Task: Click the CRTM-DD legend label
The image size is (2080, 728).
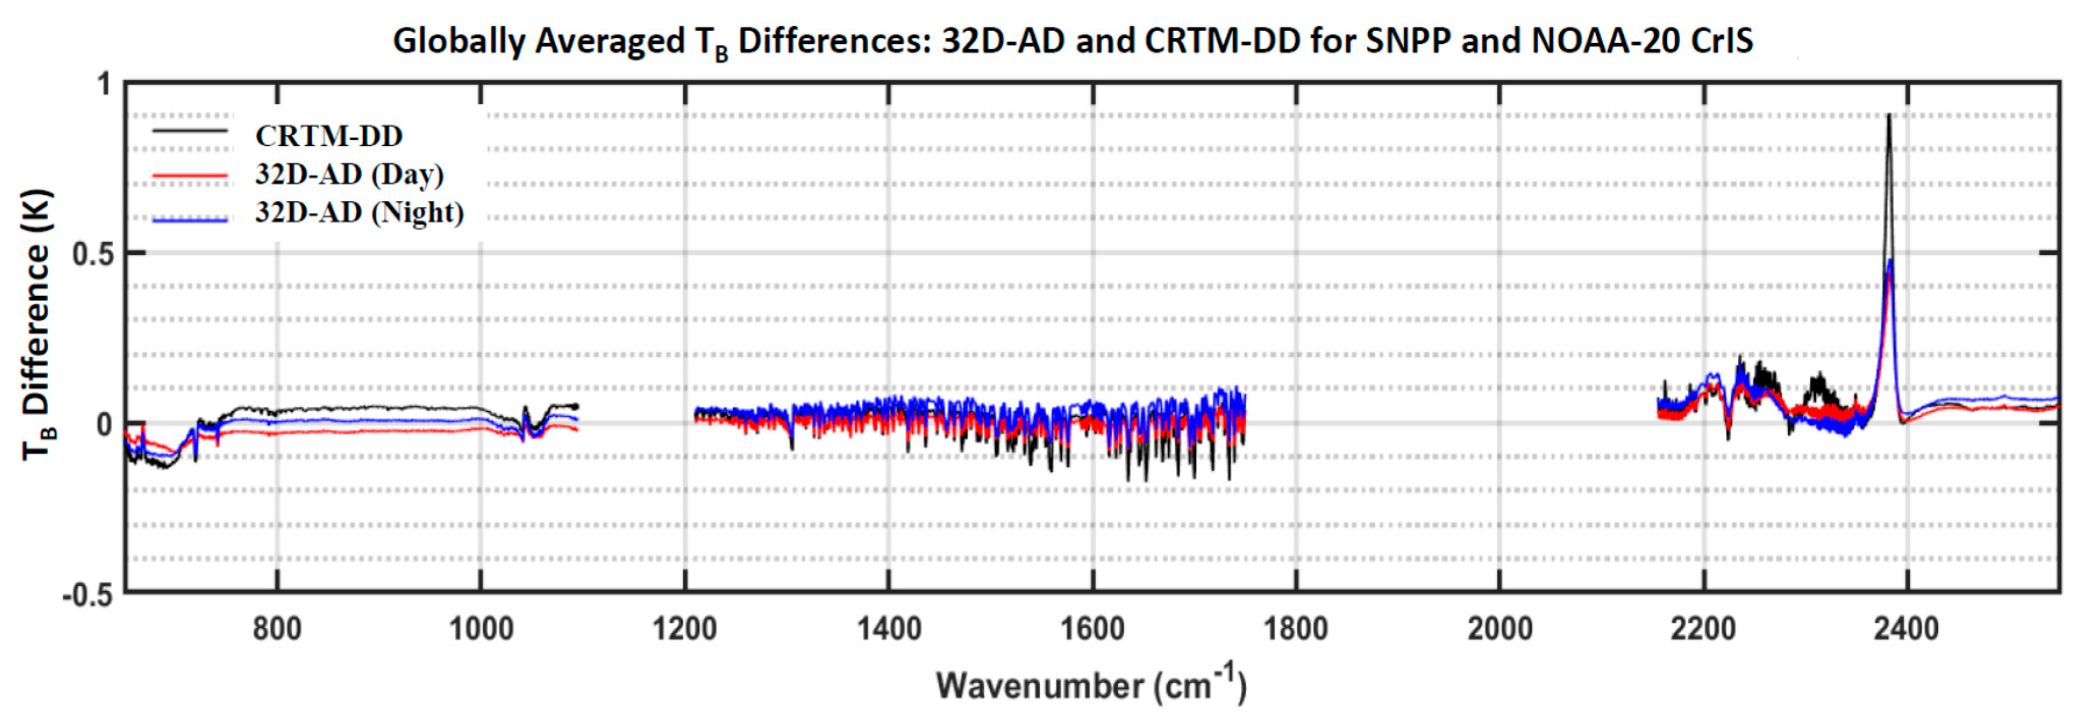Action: pyautogui.click(x=329, y=136)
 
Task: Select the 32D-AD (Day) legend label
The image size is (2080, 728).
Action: pyautogui.click(x=349, y=174)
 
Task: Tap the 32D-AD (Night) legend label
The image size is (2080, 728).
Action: pyautogui.click(x=359, y=213)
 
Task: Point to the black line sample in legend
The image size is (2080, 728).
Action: pyautogui.click(x=191, y=131)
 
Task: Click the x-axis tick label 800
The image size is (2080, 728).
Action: pyautogui.click(x=277, y=629)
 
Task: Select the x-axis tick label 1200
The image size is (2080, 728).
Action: pyautogui.click(x=685, y=629)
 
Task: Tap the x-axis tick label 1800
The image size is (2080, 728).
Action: pyautogui.click(x=1296, y=629)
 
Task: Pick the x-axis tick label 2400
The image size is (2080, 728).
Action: pyautogui.click(x=1906, y=629)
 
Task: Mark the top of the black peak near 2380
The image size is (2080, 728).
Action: pyautogui.click(x=1888, y=115)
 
